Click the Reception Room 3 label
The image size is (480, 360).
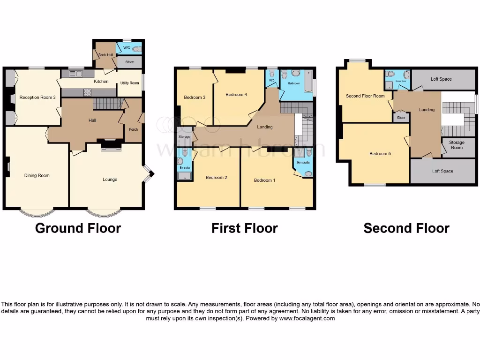click(37, 97)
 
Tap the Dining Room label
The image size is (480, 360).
click(37, 175)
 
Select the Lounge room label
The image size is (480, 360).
click(110, 180)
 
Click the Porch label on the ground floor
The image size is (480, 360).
click(134, 129)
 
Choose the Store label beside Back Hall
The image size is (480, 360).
click(129, 61)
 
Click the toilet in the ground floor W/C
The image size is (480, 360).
click(136, 49)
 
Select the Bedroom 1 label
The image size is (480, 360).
click(265, 180)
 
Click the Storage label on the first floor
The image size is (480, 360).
click(185, 137)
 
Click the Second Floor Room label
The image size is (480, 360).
click(365, 96)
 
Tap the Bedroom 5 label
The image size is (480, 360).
click(378, 154)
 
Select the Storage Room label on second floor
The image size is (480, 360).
click(457, 145)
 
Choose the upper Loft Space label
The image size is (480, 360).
click(441, 79)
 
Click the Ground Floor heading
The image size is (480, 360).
click(78, 228)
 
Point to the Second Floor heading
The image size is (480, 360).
click(406, 228)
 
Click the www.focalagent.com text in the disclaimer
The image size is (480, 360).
click(307, 318)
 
